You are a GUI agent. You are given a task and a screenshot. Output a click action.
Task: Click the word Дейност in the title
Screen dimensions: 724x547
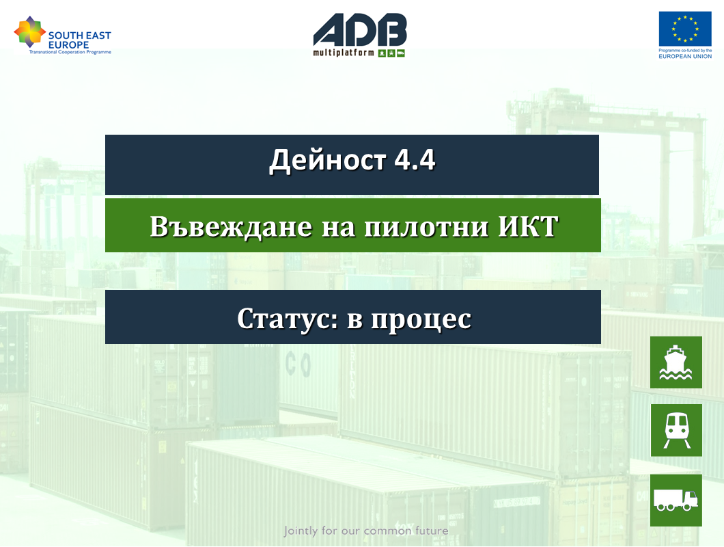click(327, 161)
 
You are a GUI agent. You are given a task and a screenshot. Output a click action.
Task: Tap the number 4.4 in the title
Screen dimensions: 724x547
click(415, 160)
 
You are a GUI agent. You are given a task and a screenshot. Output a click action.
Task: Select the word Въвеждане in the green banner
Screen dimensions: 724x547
click(231, 226)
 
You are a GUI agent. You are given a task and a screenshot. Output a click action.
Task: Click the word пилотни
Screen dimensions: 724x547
click(426, 227)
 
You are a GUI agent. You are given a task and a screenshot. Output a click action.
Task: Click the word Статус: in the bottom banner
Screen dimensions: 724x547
click(288, 319)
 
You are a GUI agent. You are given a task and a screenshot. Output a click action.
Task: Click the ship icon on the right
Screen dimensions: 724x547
click(676, 362)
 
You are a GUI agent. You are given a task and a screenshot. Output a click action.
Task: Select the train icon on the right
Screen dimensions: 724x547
click(676, 430)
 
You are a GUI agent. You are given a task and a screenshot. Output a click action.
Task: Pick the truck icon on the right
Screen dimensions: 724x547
click(676, 501)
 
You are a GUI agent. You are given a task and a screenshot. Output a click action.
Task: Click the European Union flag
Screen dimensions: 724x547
click(685, 29)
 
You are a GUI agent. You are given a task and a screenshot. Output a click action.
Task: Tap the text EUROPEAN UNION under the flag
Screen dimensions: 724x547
click(685, 57)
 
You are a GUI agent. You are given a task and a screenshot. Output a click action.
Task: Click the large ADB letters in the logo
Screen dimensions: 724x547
click(360, 29)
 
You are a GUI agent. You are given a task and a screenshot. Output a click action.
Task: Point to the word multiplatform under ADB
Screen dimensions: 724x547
click(344, 53)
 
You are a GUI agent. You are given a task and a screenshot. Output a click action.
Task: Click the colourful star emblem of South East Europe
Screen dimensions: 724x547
click(29, 31)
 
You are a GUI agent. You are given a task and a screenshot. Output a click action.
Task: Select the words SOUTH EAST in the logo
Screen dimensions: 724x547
click(80, 35)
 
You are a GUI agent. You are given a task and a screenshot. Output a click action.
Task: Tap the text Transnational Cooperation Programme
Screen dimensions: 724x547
click(70, 52)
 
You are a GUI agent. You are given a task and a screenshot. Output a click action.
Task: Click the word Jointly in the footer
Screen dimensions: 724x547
click(301, 531)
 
